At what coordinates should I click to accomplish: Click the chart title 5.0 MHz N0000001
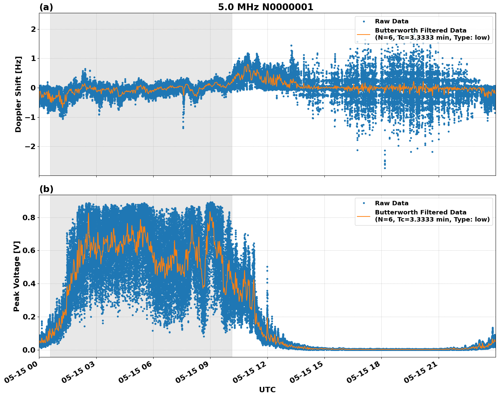click(x=265, y=7)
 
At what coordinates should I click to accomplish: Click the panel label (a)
click(x=46, y=7)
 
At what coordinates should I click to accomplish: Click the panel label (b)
click(x=46, y=189)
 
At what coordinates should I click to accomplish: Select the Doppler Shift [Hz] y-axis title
click(x=18, y=94)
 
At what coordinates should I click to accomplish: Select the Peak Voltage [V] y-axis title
click(x=17, y=276)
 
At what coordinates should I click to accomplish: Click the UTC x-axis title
click(x=267, y=390)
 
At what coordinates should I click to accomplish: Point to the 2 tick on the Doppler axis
click(x=33, y=29)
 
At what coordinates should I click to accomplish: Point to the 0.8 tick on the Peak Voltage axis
click(x=29, y=217)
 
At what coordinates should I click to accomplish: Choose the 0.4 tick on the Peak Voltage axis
click(x=29, y=284)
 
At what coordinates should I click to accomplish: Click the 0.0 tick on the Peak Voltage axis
click(x=29, y=350)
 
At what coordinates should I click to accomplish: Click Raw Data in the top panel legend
click(x=392, y=21)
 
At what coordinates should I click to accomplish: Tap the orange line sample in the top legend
click(x=364, y=34)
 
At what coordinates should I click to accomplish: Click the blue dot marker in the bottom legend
click(x=364, y=203)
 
